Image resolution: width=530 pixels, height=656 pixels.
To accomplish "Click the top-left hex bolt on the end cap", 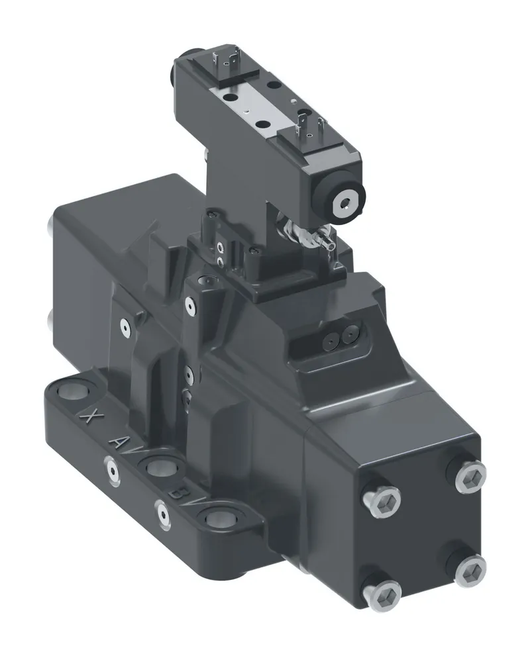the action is (x=382, y=500).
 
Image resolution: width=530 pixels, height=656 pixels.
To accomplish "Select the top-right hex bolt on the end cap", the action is (x=470, y=477).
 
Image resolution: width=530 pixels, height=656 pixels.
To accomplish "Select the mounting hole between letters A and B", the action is (x=161, y=467).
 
